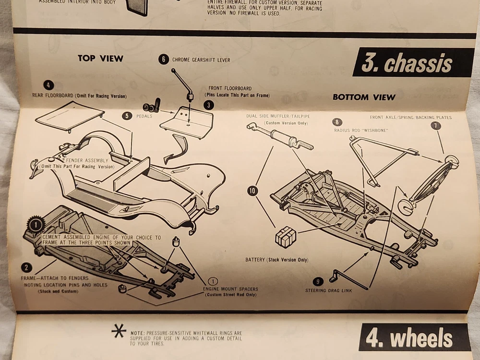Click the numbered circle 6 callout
pos(163,60)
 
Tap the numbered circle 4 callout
pos(48,85)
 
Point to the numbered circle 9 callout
pos(318,282)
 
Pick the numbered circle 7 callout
pos(435,126)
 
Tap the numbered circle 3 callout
pos(209,105)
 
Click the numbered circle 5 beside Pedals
pos(127,116)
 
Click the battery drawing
pos(286,237)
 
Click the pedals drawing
pos(151,105)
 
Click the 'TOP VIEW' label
pos(100,59)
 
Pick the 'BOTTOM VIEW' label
pos(364,97)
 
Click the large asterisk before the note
pos(119,332)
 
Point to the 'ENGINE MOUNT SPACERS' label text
pos(230,289)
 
